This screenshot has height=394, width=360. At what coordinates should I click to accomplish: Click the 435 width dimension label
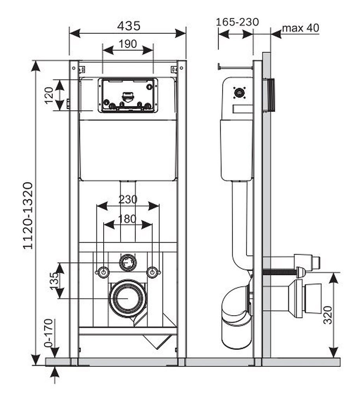pyautogui.click(x=128, y=26)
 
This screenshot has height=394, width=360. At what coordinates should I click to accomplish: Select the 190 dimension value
pyautogui.click(x=128, y=44)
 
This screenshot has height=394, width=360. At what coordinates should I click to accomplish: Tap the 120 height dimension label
pyautogui.click(x=48, y=95)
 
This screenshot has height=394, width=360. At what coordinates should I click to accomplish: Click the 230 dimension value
pyautogui.click(x=128, y=199)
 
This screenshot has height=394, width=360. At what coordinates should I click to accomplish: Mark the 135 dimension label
pyautogui.click(x=55, y=281)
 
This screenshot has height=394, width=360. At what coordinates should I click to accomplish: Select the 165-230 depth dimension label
pyautogui.click(x=237, y=22)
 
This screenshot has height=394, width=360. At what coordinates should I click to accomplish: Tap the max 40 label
pyautogui.click(x=301, y=28)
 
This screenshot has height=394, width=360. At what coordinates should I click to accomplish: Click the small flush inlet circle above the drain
pyautogui.click(x=127, y=262)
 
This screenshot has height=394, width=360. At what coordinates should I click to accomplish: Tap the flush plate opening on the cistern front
pyautogui.click(x=128, y=95)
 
